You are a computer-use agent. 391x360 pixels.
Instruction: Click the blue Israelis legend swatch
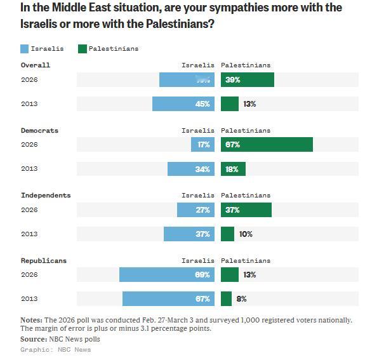point(25,48)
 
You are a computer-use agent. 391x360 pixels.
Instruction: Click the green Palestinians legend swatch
point(82,48)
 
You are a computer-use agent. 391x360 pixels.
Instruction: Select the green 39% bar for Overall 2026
point(248,79)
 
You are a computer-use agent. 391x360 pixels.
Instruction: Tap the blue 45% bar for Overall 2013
point(183,103)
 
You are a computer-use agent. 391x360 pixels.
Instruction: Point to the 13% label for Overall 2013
point(249,103)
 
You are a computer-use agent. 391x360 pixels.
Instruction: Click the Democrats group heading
point(39,130)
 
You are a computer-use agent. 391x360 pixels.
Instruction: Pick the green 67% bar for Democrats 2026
point(267,145)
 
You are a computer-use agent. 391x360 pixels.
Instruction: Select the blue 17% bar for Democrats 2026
point(202,145)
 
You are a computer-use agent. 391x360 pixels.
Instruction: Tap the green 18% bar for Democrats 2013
point(233,169)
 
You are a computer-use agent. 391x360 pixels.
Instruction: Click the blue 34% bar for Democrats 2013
point(190,169)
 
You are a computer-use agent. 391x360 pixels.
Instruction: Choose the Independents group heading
point(46,195)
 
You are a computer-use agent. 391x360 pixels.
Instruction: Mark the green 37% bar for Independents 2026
point(246,210)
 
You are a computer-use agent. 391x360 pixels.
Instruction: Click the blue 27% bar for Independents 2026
point(195,210)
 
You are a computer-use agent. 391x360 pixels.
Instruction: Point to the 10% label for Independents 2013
point(246,234)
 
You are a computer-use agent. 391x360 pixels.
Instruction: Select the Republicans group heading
point(43,260)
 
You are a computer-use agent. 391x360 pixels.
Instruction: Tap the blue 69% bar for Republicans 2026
point(166,274)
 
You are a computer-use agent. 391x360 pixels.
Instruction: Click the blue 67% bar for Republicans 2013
point(168,298)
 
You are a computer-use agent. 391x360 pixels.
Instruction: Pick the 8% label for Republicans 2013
point(242,298)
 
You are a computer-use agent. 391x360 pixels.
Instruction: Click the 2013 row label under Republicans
point(29,299)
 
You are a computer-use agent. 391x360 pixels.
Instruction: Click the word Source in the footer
point(33,339)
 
